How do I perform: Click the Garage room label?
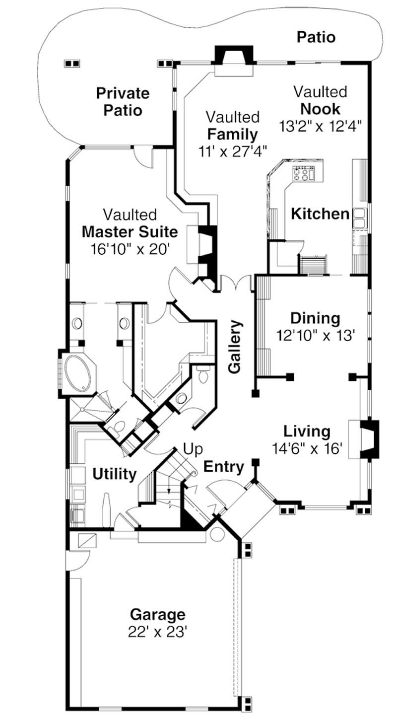tap(157, 614)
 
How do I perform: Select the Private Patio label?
tap(123, 101)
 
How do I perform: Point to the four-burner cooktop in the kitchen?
tap(304, 174)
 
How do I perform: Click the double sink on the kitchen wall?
tap(359, 218)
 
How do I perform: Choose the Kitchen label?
tap(320, 214)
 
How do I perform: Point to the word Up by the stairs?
tap(193, 449)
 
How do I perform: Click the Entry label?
tap(224, 467)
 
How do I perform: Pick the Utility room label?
tap(114, 474)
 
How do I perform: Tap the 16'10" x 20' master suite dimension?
tap(130, 248)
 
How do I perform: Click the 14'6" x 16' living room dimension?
tap(308, 448)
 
